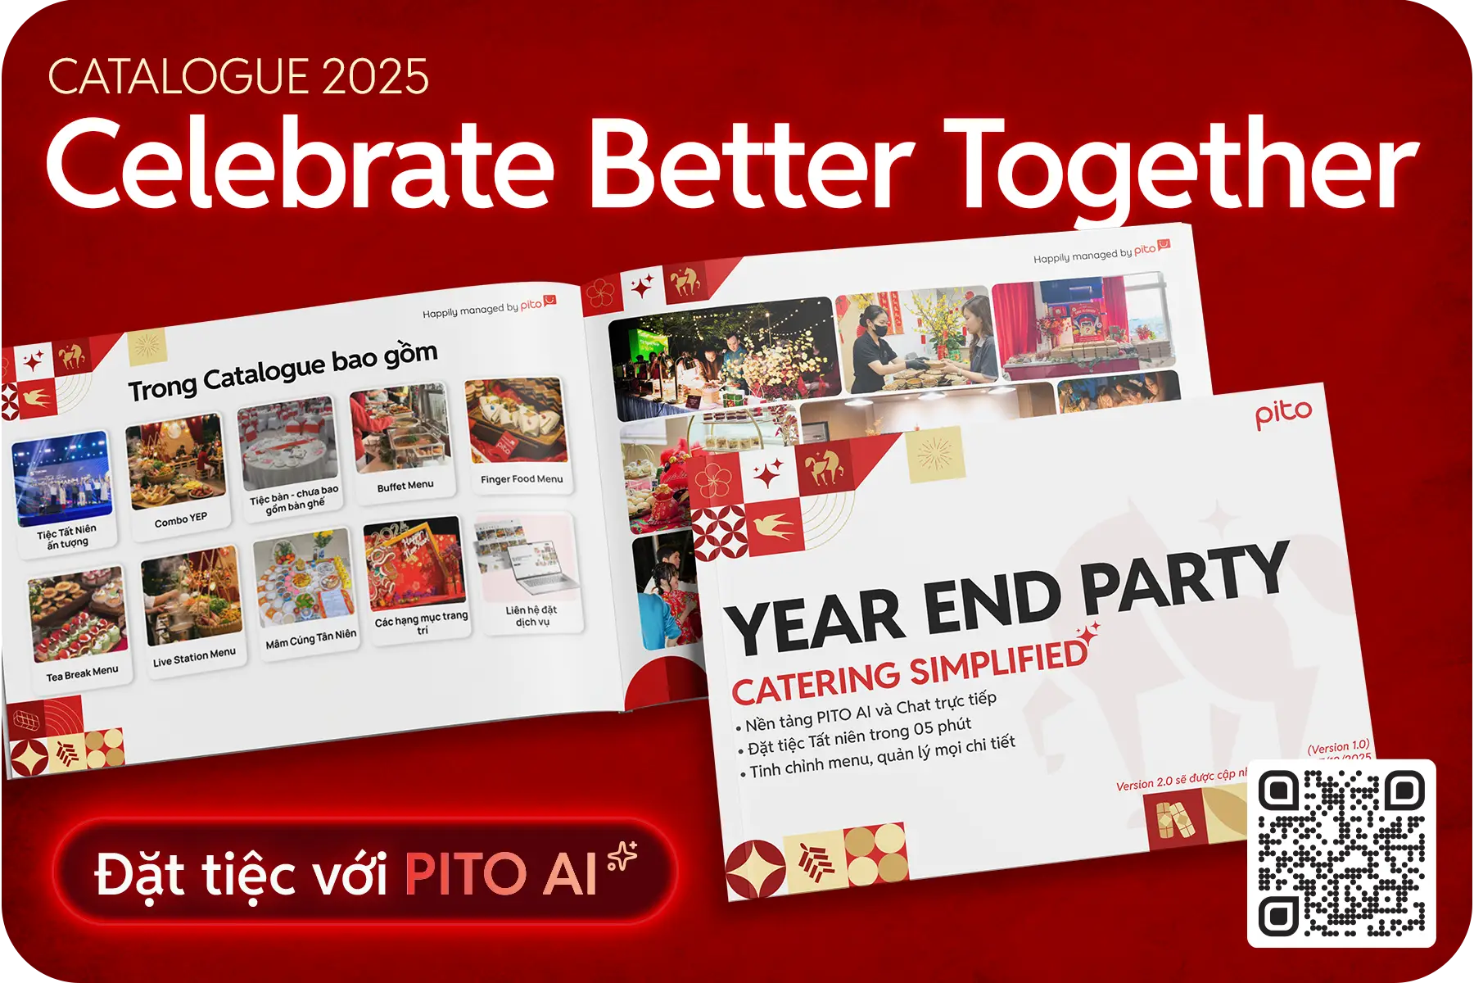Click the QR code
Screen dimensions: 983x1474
(1341, 853)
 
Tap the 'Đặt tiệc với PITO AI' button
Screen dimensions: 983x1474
(365, 872)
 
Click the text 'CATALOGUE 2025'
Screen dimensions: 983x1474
(238, 77)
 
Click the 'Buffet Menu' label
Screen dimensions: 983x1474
(405, 486)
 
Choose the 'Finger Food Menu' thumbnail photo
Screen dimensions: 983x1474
(516, 421)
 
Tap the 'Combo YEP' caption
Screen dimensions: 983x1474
(181, 519)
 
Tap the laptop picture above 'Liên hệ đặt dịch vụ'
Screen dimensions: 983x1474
(526, 558)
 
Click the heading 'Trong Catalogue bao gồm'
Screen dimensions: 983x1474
(283, 371)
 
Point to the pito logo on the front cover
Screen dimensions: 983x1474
(1283, 414)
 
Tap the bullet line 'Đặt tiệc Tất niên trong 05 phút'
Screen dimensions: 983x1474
(860, 736)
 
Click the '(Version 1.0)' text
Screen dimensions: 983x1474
(1338, 746)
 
